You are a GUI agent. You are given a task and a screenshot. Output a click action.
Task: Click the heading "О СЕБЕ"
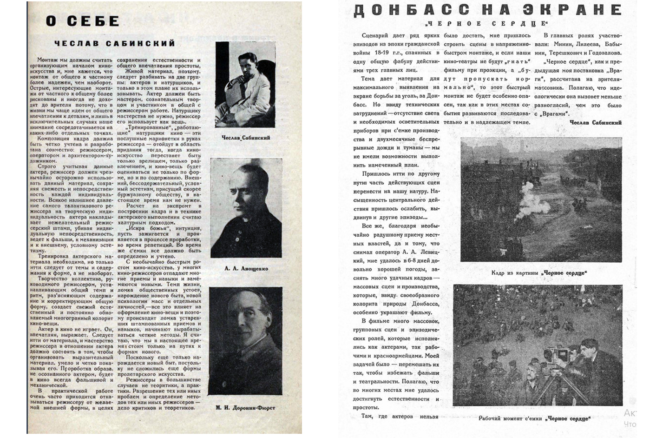coord(82,21)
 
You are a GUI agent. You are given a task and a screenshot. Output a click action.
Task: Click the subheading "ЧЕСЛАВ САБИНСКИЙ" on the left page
coord(115,44)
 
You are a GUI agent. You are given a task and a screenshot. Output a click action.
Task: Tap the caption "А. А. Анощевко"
coord(246,268)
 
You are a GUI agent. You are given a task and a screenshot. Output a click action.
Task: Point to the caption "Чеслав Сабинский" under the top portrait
coord(246,138)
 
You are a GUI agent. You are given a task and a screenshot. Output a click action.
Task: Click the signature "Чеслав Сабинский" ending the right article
coord(596,123)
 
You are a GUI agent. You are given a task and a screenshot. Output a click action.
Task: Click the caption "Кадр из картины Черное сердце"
coord(539,273)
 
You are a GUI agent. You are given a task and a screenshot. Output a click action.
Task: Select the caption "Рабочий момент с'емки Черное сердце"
coord(535,418)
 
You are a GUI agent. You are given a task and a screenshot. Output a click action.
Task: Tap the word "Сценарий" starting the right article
coord(376,36)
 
